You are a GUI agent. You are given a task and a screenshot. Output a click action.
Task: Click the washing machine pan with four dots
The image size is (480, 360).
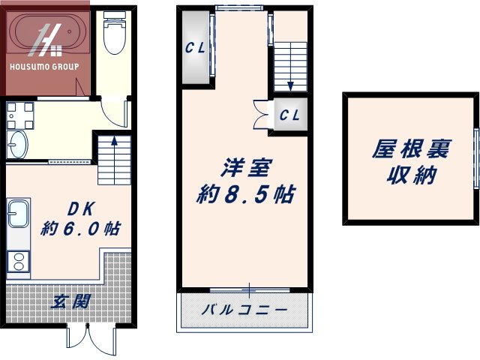pyautogui.click(x=20, y=115)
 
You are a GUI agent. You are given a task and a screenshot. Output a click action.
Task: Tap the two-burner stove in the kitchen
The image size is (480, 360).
pyautogui.click(x=18, y=261)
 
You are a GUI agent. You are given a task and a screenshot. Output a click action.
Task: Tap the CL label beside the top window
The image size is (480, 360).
pyautogui.click(x=196, y=48)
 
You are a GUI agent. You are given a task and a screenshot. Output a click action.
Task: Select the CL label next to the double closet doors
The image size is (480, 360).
pyautogui.click(x=290, y=115)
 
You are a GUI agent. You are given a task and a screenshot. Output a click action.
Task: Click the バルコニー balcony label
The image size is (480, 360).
pyautogui.click(x=244, y=309)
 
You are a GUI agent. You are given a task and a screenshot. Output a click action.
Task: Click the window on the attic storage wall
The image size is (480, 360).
pyautogui.click(x=475, y=158)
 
